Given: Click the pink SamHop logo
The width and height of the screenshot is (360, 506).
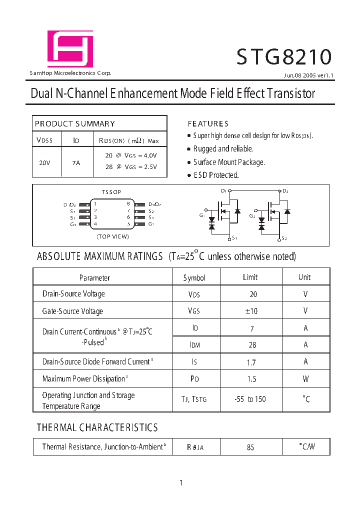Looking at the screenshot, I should (70, 48).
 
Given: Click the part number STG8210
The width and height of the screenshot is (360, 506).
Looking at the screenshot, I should (283, 57).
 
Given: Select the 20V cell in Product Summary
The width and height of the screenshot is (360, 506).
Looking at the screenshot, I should (44, 162).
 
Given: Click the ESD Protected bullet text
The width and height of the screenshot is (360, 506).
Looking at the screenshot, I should (216, 175).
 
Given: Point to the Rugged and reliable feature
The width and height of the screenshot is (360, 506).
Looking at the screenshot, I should (223, 149).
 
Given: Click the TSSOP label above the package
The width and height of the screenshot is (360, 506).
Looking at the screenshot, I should (111, 192).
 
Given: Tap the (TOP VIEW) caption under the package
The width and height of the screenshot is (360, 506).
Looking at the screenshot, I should (113, 236).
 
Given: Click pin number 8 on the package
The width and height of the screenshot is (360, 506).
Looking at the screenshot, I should (128, 204).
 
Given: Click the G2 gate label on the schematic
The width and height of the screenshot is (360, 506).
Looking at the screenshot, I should (252, 215).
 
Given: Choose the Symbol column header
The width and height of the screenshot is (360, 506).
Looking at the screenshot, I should (194, 277).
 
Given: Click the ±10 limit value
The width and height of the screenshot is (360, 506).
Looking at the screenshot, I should (251, 311).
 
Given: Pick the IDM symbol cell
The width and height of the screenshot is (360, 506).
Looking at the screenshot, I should (194, 345).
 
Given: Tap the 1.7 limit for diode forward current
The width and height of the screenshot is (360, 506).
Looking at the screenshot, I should (251, 362).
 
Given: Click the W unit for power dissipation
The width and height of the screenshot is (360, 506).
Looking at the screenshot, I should (305, 379).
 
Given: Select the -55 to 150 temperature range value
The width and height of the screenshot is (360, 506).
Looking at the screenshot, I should (250, 399).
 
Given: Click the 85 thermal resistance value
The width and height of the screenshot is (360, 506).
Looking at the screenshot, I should (250, 447).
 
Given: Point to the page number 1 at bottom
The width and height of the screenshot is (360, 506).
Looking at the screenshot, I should (181, 482).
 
